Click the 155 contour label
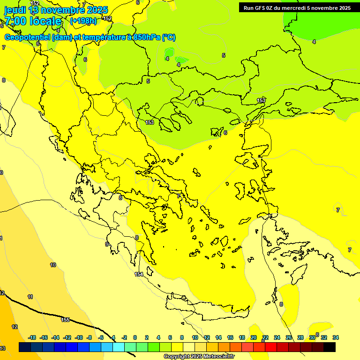(x=65, y=320)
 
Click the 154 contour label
(x=138, y=274)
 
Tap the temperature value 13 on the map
(x=3, y=348)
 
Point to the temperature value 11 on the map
(x=30, y=297)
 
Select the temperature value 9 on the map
(x=106, y=244)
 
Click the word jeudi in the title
(x=15, y=10)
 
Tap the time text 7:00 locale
(x=33, y=21)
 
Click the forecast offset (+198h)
(x=83, y=21)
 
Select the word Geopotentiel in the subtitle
(x=27, y=37)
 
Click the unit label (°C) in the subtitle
(x=169, y=37)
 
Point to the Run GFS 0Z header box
(x=297, y=7)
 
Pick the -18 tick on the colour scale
(x=32, y=337)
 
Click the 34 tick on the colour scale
(x=336, y=337)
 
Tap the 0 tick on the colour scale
(x=135, y=337)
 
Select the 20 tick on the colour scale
(x=254, y=337)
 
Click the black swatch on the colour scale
(x=330, y=347)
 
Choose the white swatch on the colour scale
(x=189, y=347)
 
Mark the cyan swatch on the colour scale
(x=119, y=347)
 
